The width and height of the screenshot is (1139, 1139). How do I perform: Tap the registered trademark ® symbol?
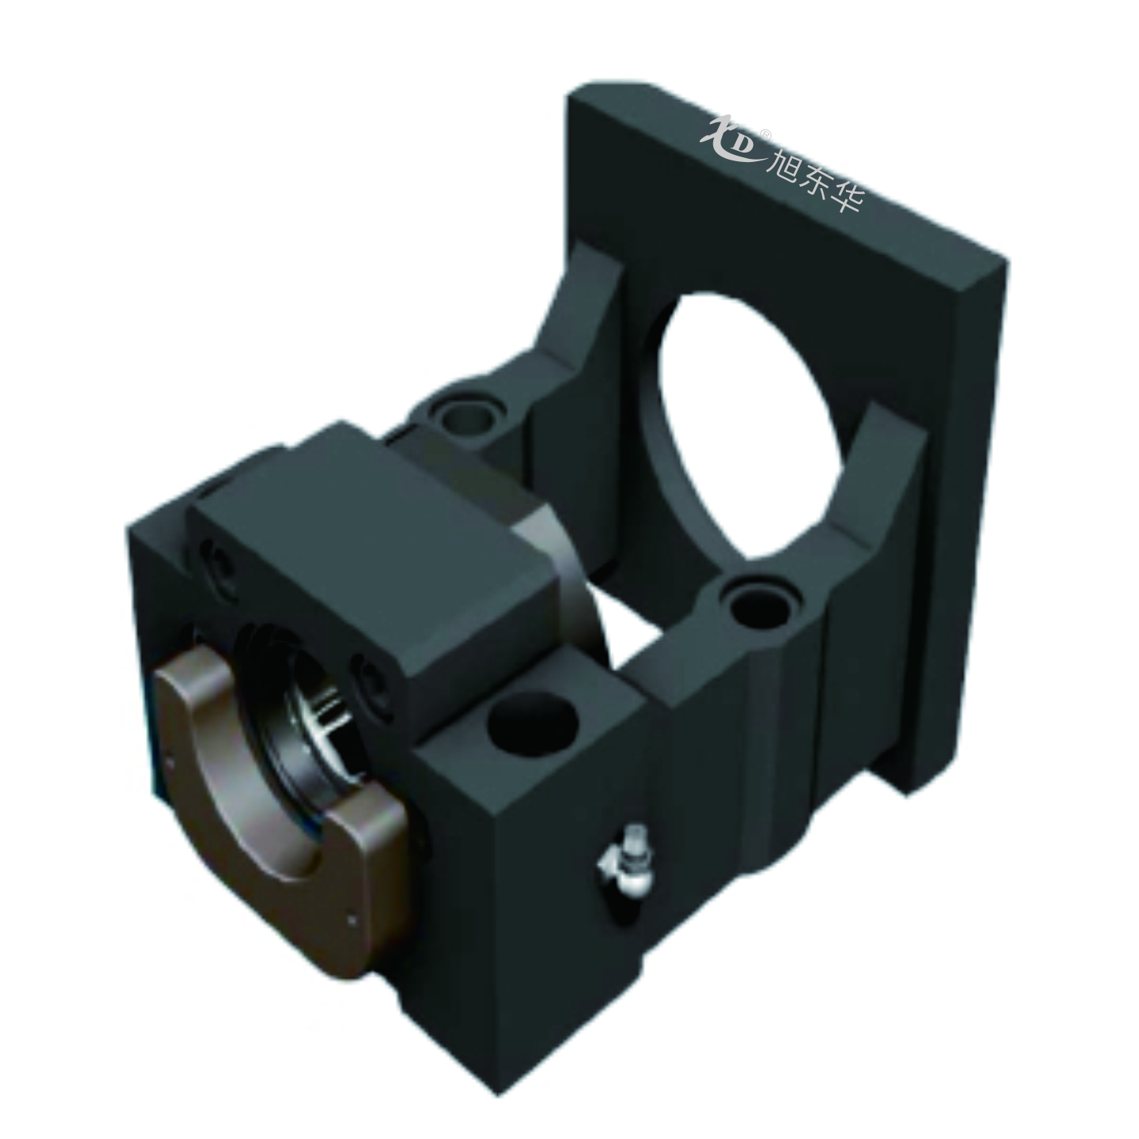click(x=766, y=135)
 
